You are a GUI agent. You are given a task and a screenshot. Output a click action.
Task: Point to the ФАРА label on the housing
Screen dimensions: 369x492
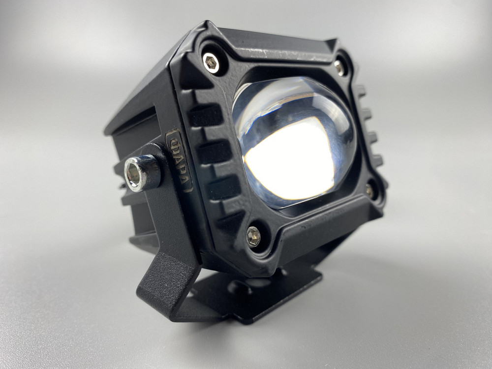180,160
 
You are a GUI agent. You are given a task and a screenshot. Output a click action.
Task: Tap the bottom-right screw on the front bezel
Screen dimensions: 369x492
369,189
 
